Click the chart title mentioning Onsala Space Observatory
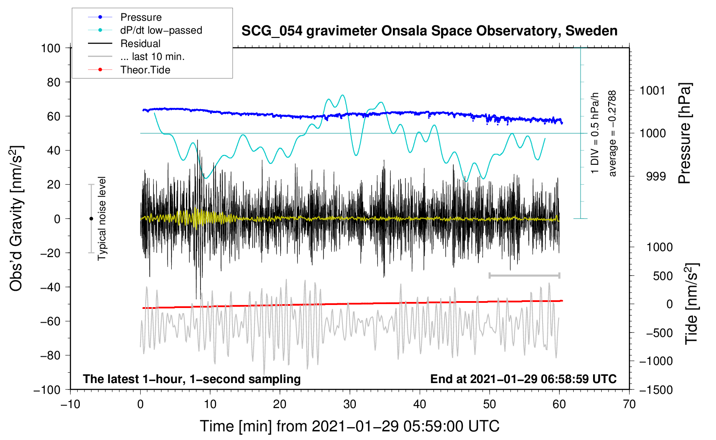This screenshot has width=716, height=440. [x=429, y=31]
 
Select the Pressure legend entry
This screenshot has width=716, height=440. [x=141, y=17]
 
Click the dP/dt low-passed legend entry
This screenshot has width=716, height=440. [x=161, y=30]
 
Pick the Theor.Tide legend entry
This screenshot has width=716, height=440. [x=145, y=70]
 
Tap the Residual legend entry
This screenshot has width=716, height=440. [x=140, y=44]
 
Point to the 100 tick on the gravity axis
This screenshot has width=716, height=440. [x=51, y=48]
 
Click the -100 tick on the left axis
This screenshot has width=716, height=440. [x=47, y=390]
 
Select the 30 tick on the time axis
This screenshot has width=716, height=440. [x=350, y=404]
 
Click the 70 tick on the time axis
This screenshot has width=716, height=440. [x=629, y=404]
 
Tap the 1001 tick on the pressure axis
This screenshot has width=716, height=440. [x=653, y=91]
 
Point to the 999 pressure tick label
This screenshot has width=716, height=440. [x=656, y=176]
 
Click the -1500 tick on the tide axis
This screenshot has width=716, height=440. [x=656, y=390]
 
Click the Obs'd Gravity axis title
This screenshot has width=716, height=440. [x=16, y=219]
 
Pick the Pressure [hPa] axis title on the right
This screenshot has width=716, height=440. [x=685, y=133]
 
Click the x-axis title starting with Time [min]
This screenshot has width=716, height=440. [x=350, y=426]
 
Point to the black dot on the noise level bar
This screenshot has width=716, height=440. [x=91, y=219]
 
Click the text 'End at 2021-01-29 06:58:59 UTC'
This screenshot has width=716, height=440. [x=523, y=379]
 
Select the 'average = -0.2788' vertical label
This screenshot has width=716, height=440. [x=612, y=133]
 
